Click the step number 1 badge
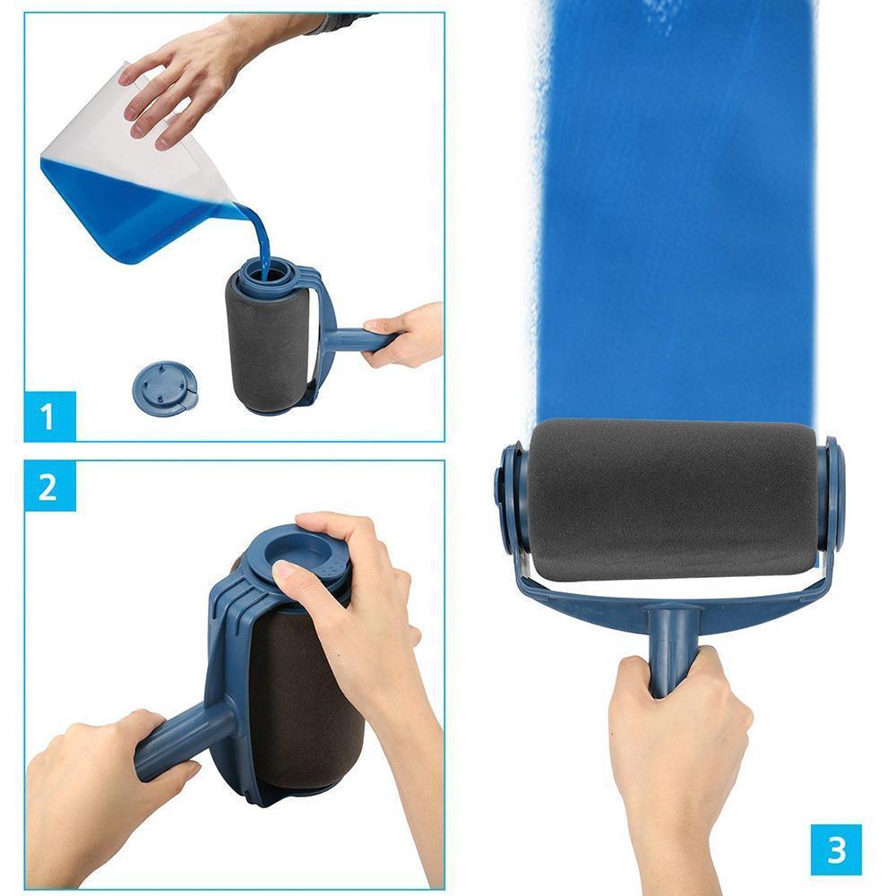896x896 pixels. pos(49,416)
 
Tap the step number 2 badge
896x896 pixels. pos(49,487)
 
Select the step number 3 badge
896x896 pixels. pos(836,849)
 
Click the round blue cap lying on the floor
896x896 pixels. pos(164,388)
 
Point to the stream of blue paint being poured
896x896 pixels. pos(260,239)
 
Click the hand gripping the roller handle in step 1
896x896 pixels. pos(403,335)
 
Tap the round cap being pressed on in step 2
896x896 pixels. pos(297,557)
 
